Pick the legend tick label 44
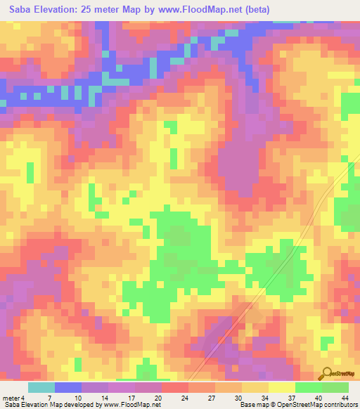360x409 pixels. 346,397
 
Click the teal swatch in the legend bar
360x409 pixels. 41,387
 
